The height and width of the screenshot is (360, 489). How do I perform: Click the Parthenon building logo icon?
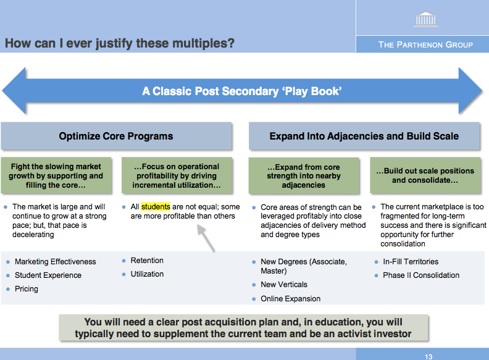click(425, 19)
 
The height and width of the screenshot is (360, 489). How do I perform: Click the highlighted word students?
click(156, 206)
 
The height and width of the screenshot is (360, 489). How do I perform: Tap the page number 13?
click(428, 356)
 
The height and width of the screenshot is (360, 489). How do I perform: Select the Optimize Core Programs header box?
click(116, 136)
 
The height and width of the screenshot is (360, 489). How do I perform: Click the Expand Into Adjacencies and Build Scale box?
click(364, 136)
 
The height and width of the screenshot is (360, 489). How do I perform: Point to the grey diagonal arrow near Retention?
click(206, 238)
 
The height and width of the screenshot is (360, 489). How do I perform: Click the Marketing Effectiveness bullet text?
click(55, 261)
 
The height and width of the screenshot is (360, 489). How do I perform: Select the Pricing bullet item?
click(26, 289)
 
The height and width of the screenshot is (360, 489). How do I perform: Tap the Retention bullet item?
click(147, 261)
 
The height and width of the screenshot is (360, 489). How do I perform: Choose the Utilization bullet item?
click(147, 274)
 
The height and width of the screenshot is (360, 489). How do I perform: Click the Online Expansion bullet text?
click(290, 298)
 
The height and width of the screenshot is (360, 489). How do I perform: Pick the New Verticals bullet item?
click(284, 285)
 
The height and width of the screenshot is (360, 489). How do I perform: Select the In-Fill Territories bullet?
click(411, 261)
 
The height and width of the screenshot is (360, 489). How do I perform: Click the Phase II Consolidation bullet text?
click(421, 275)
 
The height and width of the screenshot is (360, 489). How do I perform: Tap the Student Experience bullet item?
click(48, 275)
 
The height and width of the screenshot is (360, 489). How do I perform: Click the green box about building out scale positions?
click(425, 175)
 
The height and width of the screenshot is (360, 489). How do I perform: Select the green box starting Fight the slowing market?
click(56, 175)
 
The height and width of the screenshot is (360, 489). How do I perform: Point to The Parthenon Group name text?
click(425, 44)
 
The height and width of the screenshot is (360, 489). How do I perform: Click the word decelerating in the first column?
click(33, 234)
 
